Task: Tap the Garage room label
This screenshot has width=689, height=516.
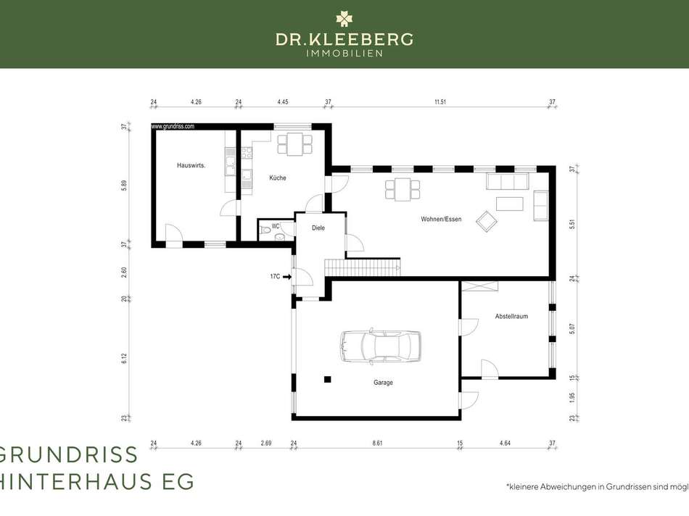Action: [383, 383]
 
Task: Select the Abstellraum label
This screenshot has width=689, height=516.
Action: [511, 317]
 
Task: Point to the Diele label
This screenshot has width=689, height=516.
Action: [318, 228]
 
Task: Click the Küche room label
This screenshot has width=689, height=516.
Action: [278, 178]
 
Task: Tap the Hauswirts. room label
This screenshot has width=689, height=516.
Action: [191, 165]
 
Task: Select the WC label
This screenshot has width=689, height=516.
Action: [276, 226]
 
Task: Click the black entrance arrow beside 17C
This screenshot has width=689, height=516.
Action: [287, 276]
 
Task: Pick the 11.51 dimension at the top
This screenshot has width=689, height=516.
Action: [440, 102]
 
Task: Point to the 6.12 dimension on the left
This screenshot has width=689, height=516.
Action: [124, 358]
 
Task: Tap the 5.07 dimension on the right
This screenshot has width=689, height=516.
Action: [572, 328]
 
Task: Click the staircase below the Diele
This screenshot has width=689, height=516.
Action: [363, 267]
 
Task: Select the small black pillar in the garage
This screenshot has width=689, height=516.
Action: [328, 378]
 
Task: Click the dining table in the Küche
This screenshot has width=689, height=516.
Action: [294, 143]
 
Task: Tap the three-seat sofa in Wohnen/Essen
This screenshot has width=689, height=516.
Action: [508, 181]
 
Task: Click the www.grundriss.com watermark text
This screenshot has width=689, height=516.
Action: [173, 126]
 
